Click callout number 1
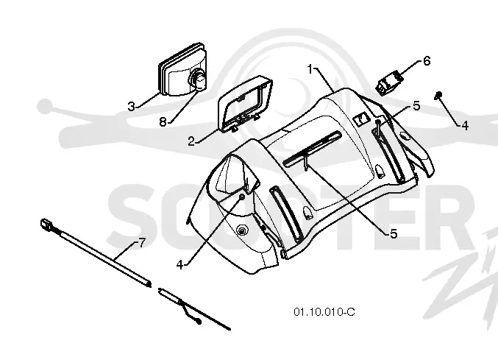click(x=310, y=69)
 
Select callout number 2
click(x=191, y=141)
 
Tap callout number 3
click(x=131, y=106)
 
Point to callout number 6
click(x=427, y=60)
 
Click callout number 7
click(x=142, y=244)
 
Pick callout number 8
click(x=163, y=121)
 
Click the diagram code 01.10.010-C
click(x=324, y=312)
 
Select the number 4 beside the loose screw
click(x=464, y=125)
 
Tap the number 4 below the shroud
click(x=179, y=265)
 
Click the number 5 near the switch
click(x=416, y=105)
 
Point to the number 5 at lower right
click(x=394, y=233)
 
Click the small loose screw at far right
click(x=438, y=95)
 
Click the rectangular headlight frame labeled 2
click(x=245, y=105)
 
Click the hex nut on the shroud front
click(x=243, y=230)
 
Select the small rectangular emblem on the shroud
click(x=360, y=120)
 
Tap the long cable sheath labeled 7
click(x=102, y=258)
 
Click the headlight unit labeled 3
click(x=183, y=69)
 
